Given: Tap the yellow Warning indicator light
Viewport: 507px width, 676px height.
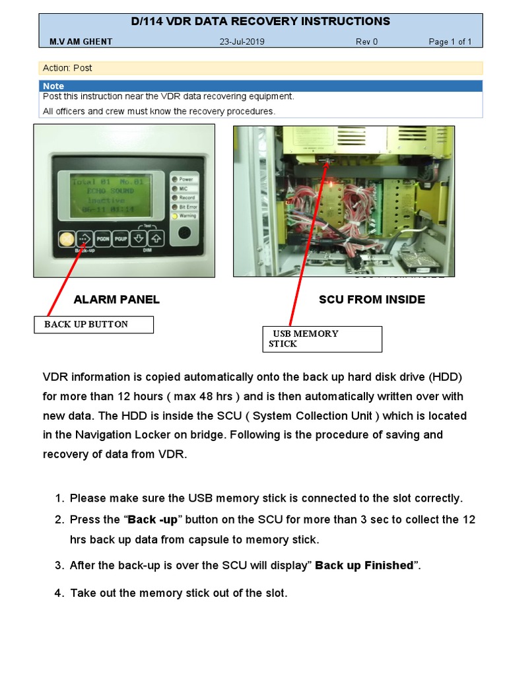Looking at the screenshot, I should [x=175, y=216].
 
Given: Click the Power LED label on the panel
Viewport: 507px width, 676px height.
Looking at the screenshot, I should [x=186, y=179].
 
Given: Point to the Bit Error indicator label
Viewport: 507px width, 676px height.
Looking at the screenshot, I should [x=187, y=207].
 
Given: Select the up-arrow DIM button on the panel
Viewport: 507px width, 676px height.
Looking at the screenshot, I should [x=156, y=238].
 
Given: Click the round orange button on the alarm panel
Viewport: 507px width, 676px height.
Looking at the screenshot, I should [x=65, y=239].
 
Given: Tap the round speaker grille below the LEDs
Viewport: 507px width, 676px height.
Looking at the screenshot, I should [x=184, y=234].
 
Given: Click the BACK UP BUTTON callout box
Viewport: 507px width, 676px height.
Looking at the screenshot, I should [x=94, y=324].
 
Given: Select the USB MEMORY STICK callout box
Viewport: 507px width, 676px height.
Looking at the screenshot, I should [x=322, y=339].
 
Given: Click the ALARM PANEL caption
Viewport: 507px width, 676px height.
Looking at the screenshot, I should [x=117, y=300].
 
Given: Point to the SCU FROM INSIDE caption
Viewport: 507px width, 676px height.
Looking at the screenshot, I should [x=372, y=300].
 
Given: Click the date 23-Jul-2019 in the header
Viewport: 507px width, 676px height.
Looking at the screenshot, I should [x=242, y=42].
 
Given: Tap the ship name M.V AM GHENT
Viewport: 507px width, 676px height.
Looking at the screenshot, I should [x=81, y=42].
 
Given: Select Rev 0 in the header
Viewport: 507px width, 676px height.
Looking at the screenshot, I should [x=367, y=42].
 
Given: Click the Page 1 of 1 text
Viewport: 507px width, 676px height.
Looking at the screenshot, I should [x=450, y=42].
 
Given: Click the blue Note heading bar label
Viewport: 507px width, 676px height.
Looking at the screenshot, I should [x=53, y=86].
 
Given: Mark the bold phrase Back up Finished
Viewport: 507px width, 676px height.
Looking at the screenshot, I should [x=364, y=566].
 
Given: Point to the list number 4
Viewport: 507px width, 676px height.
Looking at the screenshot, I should [x=59, y=593].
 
